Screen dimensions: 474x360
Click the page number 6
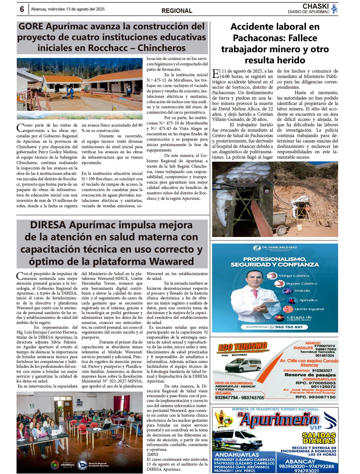[x=22, y=9]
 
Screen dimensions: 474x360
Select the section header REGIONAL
[x=177, y=11]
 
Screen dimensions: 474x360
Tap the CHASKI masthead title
[x=316, y=6]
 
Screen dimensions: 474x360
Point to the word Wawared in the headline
[x=172, y=261]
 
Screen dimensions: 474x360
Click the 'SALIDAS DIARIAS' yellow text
[x=319, y=438]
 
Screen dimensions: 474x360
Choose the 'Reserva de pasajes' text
[x=310, y=375]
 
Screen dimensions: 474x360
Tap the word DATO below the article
[x=153, y=454]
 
